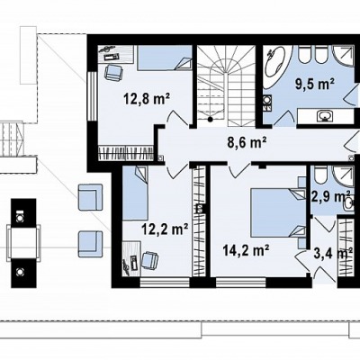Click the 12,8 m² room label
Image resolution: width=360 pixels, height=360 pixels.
click(x=147, y=99)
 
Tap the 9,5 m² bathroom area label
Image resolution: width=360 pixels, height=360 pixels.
click(x=315, y=84)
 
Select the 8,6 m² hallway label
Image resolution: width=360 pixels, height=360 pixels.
click(x=247, y=142)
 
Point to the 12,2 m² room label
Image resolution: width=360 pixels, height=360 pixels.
click(x=165, y=229)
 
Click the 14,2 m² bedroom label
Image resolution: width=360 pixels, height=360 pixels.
click(x=246, y=250)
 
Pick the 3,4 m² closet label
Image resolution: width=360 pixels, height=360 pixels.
click(x=332, y=254)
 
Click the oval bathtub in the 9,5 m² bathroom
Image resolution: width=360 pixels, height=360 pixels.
click(x=277, y=67)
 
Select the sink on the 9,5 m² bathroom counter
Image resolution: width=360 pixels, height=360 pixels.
click(x=325, y=115)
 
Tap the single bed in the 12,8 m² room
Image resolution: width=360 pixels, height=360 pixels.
click(x=165, y=58)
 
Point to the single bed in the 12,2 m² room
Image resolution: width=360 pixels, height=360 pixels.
click(x=135, y=193)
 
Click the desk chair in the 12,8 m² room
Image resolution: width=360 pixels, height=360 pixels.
click(x=113, y=73)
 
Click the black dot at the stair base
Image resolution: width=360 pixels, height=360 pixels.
click(x=211, y=120)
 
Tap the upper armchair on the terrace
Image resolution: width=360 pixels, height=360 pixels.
click(x=90, y=197)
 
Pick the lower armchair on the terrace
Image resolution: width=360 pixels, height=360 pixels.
click(x=90, y=244)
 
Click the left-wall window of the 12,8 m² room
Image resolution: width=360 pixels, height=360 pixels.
click(x=93, y=96)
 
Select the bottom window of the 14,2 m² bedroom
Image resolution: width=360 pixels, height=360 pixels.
click(x=241, y=283)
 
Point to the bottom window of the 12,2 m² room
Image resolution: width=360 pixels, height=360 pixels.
click(x=165, y=283)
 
